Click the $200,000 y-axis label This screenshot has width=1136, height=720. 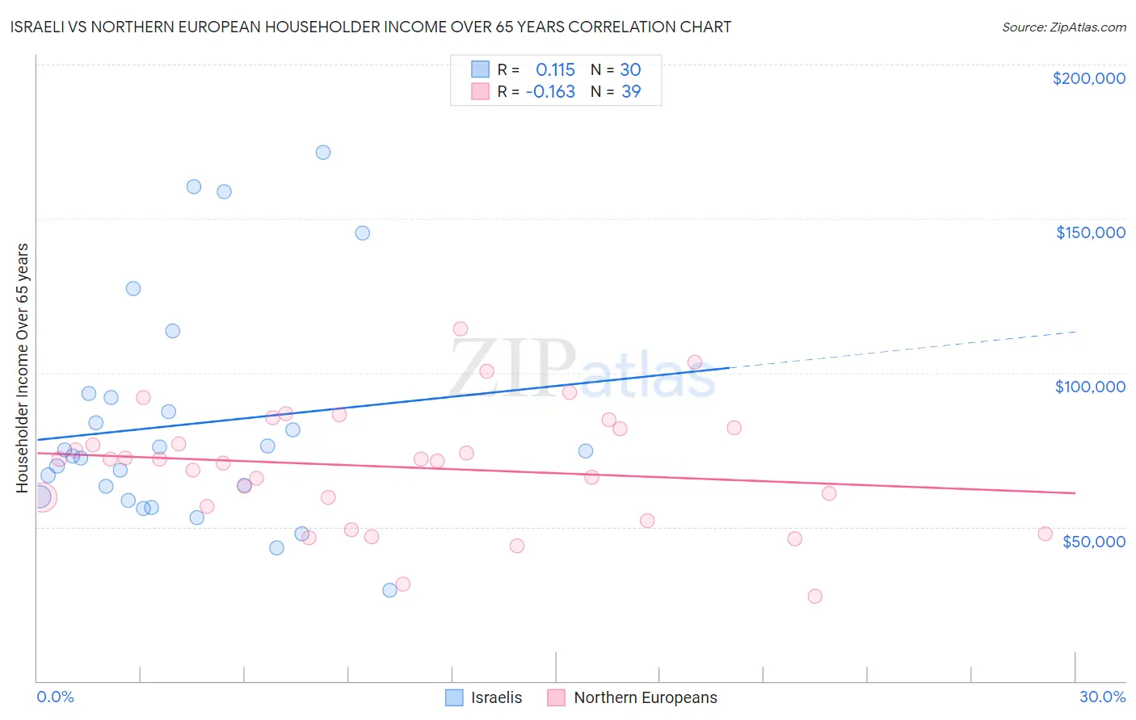pyautogui.click(x=1088, y=78)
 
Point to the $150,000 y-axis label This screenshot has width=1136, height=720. pyautogui.click(x=1090, y=232)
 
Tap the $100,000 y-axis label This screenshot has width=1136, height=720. pyautogui.click(x=1090, y=387)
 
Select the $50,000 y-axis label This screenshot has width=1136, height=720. pyautogui.click(x=1093, y=541)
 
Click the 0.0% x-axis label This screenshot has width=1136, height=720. pyautogui.click(x=55, y=697)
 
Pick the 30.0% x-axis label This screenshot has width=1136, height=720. pyautogui.click(x=1102, y=697)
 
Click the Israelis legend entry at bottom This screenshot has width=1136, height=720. pyautogui.click(x=485, y=697)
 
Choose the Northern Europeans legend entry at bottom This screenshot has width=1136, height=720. pyautogui.click(x=633, y=697)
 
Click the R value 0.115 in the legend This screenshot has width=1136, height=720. pyautogui.click(x=555, y=69)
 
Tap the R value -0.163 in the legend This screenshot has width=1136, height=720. pyautogui.click(x=550, y=92)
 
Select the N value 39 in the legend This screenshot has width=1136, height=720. pyautogui.click(x=631, y=92)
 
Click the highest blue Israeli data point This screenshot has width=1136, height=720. pyautogui.click(x=323, y=153)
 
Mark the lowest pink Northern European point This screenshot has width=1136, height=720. pyautogui.click(x=814, y=597)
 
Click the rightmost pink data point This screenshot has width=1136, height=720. pyautogui.click(x=1045, y=534)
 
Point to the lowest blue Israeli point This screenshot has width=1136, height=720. pyautogui.click(x=389, y=590)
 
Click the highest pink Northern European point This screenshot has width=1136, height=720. pyautogui.click(x=461, y=329)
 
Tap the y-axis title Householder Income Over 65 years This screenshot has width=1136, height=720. pyautogui.click(x=22, y=367)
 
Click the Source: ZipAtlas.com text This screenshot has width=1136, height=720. pyautogui.click(x=1063, y=27)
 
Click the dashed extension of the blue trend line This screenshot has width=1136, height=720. pyautogui.click(x=905, y=349)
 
